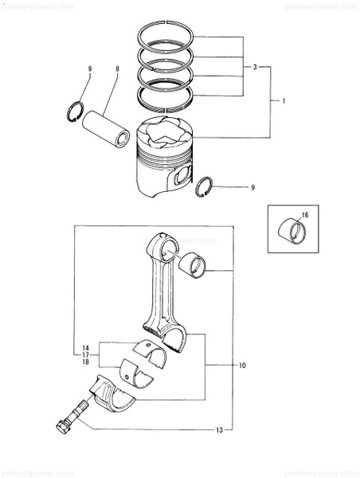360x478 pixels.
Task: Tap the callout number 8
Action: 117,70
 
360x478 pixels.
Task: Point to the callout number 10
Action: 242,366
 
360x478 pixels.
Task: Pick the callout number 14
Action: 84,347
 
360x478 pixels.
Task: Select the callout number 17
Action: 84,355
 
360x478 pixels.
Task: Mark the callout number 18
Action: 84,363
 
